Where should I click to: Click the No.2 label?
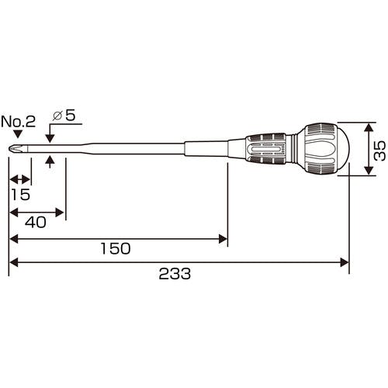coord(18,121)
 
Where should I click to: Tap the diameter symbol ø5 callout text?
coord(64,115)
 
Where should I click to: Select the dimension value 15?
coord(21,195)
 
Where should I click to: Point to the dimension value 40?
coord(36,222)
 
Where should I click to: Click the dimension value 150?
coord(116,248)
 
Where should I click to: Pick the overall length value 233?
coord(175,274)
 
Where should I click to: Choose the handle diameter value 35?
coord(379,151)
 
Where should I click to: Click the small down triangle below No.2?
coord(18,134)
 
